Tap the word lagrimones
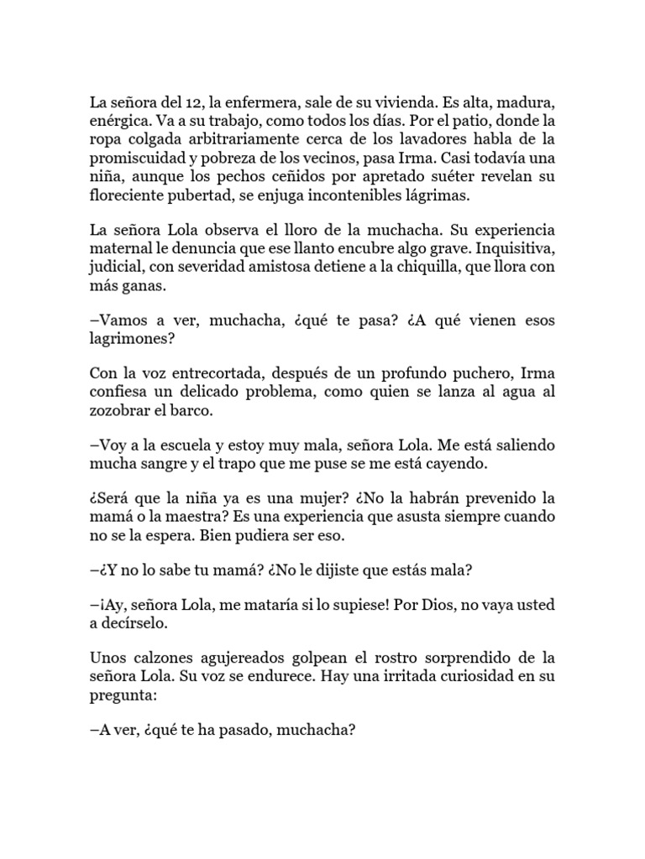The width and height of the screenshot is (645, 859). click(x=128, y=338)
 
